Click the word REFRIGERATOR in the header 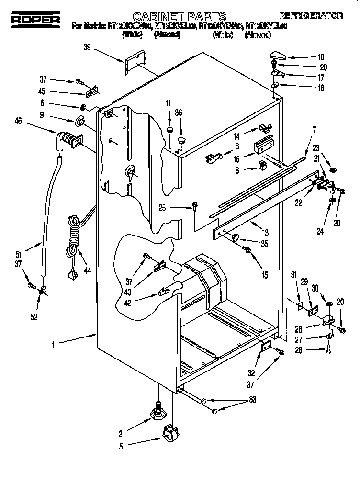[311, 15]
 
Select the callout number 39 [87, 46]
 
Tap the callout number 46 [19, 122]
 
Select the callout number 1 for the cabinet [54, 343]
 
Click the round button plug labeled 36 [181, 140]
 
